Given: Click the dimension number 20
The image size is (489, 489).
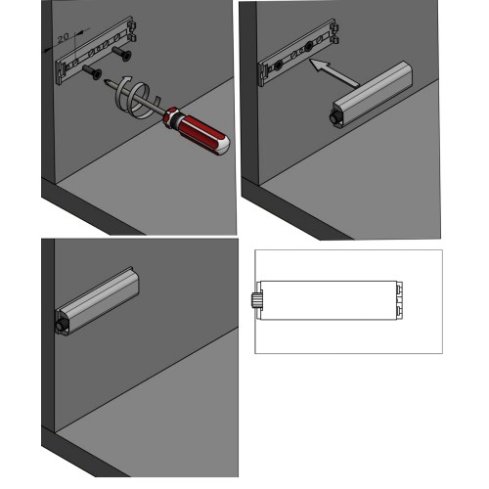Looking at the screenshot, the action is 63,38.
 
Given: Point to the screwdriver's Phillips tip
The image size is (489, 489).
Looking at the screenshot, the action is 106,81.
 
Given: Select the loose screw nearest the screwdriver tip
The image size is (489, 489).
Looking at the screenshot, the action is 92,72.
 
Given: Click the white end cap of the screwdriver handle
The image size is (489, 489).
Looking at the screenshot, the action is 221,146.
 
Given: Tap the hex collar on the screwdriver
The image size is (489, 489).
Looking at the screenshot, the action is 171,117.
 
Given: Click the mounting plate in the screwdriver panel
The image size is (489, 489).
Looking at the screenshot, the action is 97,50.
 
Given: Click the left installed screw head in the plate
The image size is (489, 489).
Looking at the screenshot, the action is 278,66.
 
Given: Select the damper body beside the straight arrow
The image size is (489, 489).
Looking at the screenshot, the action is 373,94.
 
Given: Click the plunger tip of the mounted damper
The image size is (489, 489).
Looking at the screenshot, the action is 61,325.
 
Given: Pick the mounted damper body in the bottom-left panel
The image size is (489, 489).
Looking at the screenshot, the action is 97,301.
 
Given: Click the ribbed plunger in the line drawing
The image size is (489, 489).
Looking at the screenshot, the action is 255,300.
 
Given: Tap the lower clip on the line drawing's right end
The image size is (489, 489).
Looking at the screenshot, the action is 399,311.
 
